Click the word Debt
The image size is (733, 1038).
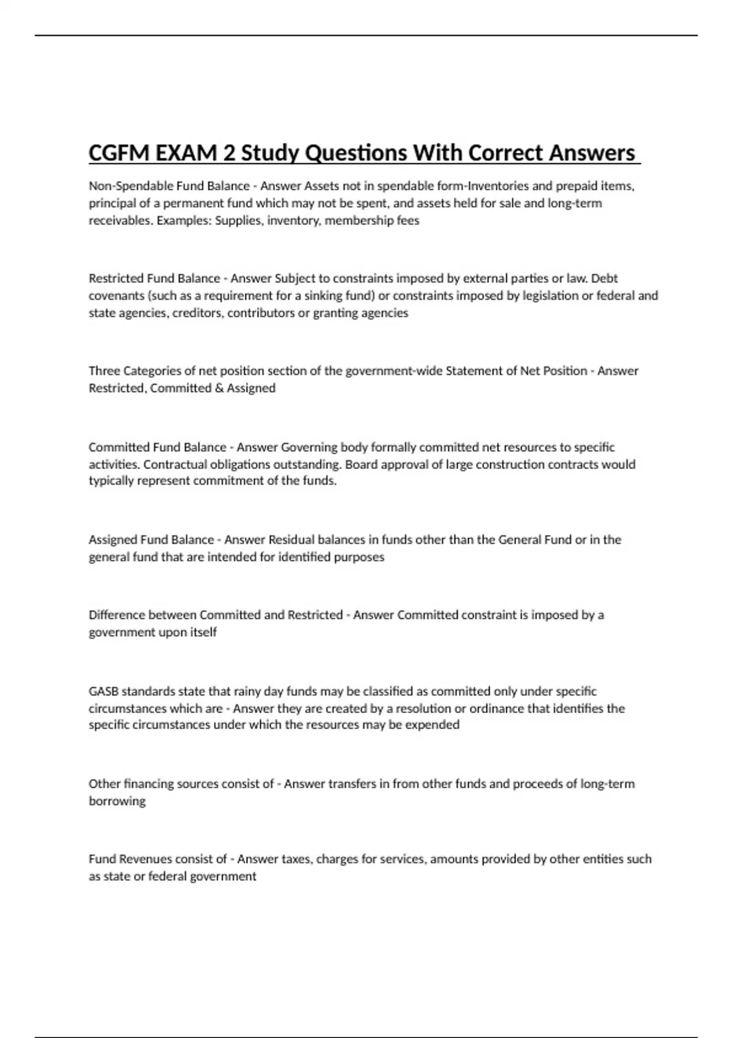coord(605,278)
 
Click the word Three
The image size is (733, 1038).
coord(104,371)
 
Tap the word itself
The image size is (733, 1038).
coord(203,633)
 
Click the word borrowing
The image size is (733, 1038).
coord(117,801)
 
